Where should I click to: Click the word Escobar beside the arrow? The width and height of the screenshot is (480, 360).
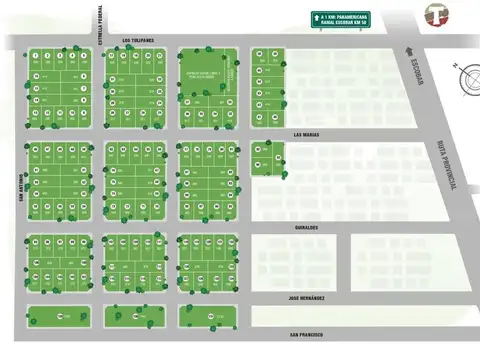click(413, 76)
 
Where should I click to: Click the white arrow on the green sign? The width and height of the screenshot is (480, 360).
click(317, 17)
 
